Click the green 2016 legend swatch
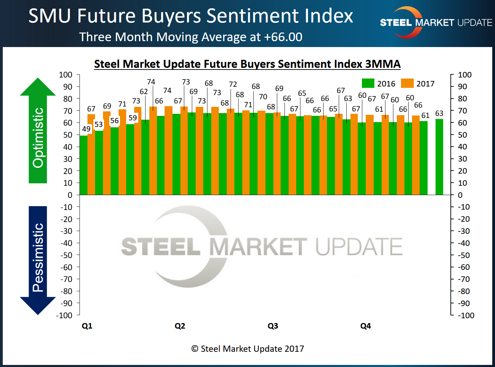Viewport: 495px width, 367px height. point(368,83)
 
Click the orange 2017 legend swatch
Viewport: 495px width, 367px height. point(407,83)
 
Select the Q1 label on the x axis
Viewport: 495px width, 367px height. point(87,326)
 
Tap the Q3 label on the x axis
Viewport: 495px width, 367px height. point(273,326)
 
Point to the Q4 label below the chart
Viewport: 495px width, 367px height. point(365,326)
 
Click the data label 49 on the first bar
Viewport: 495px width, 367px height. point(86,129)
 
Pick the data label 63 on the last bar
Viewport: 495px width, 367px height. point(439,113)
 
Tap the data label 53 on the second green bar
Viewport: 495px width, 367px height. point(99,124)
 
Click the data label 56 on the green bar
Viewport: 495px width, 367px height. point(114,121)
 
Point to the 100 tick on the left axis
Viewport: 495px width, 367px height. point(66,75)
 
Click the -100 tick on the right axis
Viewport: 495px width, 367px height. point(466,315)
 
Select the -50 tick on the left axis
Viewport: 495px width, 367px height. point(66,255)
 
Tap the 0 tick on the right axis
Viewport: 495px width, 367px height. point(460,195)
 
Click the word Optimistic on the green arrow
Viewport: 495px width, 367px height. point(38,138)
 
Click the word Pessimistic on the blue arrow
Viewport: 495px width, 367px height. point(38,258)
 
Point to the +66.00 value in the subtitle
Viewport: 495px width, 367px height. point(283,37)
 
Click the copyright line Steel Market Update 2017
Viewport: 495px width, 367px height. point(247,349)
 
